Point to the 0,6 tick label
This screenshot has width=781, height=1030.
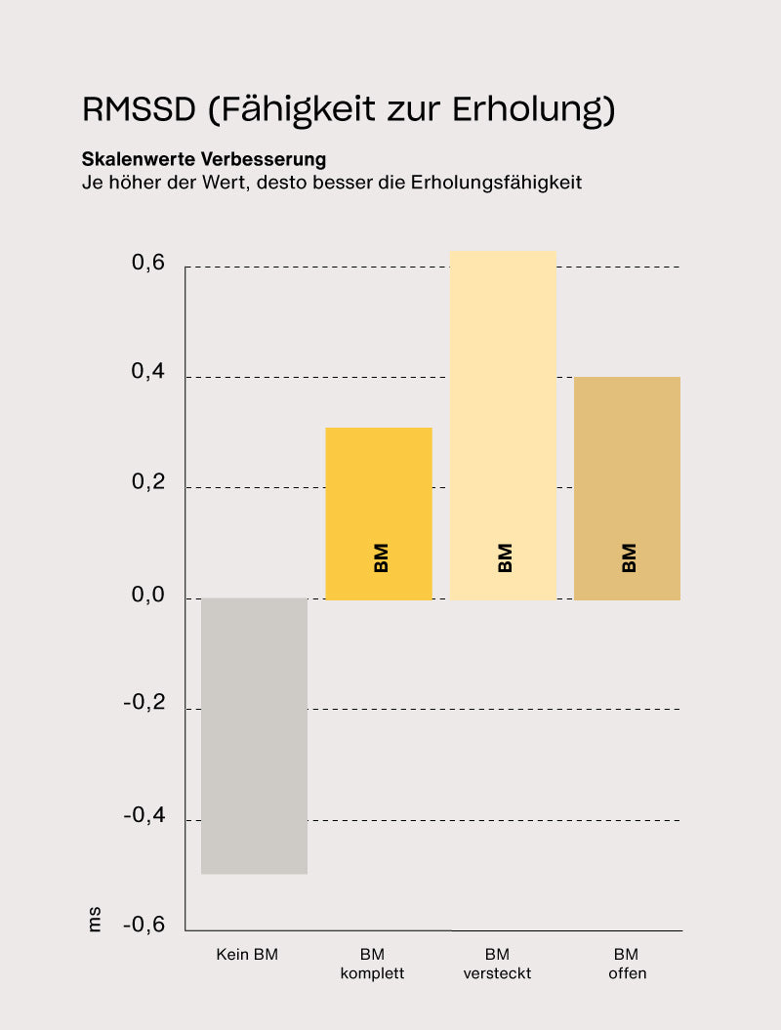point(148,265)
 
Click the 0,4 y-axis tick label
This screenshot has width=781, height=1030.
point(148,374)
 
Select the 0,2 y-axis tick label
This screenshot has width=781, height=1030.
point(148,484)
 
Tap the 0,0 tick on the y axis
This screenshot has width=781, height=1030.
point(148,596)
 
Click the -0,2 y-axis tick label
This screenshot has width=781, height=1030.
point(144,705)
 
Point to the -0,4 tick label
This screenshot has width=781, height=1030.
point(144,816)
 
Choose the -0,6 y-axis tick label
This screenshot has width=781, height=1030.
point(144,926)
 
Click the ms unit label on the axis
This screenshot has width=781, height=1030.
point(95,920)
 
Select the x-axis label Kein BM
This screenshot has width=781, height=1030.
point(247,955)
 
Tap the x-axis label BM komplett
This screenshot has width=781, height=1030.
point(372,964)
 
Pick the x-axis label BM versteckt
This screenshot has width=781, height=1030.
point(497,964)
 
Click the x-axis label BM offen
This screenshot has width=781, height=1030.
point(627,964)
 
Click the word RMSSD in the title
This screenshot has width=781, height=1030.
point(140,109)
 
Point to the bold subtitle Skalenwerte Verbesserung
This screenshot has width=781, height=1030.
point(204,158)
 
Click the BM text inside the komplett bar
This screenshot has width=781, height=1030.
point(381,557)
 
